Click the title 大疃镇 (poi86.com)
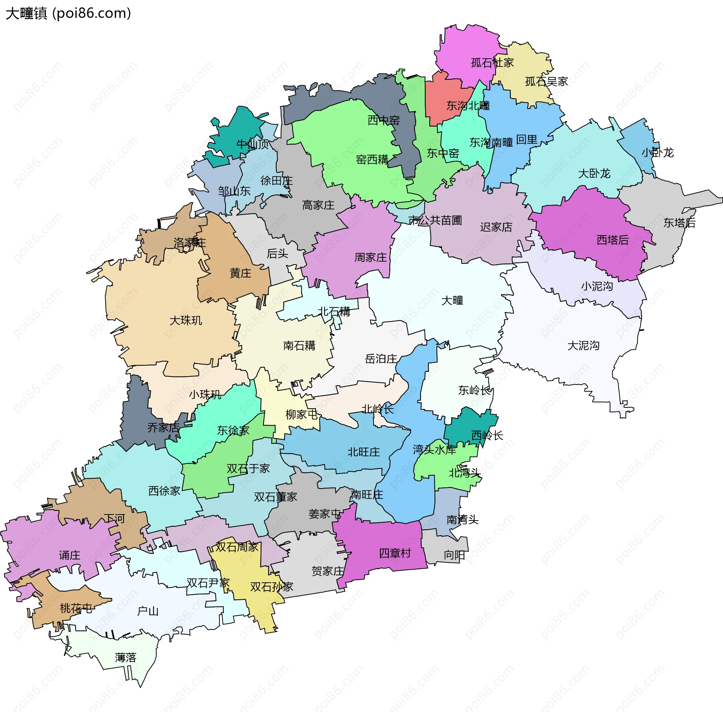pyautogui.click(x=68, y=13)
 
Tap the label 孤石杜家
pyautogui.click(x=492, y=63)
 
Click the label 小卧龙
pyautogui.click(x=657, y=153)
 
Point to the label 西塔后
pyautogui.click(x=612, y=240)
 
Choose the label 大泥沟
pyautogui.click(x=583, y=345)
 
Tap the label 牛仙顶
pyautogui.click(x=252, y=144)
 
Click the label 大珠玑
pyautogui.click(x=186, y=320)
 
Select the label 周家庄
pyautogui.click(x=371, y=257)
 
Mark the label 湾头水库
pyautogui.click(x=434, y=449)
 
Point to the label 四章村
pyautogui.click(x=395, y=553)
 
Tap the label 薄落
pyautogui.click(x=125, y=658)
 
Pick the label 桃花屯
pyautogui.click(x=76, y=608)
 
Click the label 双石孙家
pyautogui.click(x=272, y=587)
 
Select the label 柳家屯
pyautogui.click(x=302, y=415)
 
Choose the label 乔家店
pyautogui.click(x=163, y=427)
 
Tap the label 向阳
pyautogui.click(x=454, y=555)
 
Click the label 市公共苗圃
pyautogui.click(x=435, y=220)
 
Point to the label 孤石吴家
pyautogui.click(x=546, y=81)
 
